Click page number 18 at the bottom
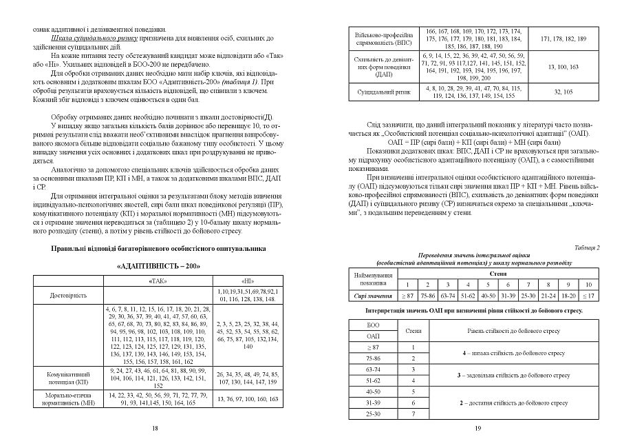coord(155,428)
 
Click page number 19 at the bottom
coord(478,428)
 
